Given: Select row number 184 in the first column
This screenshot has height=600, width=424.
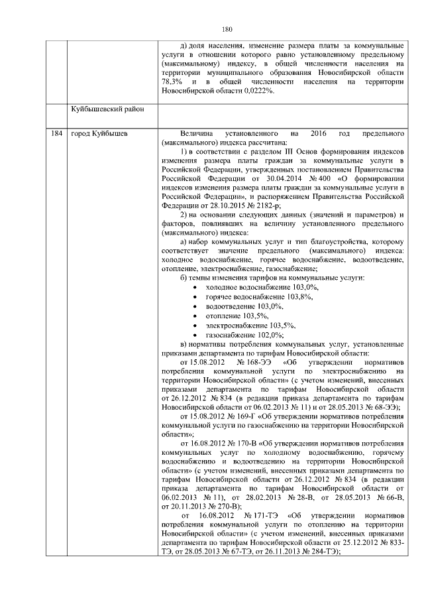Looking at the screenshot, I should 56,134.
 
